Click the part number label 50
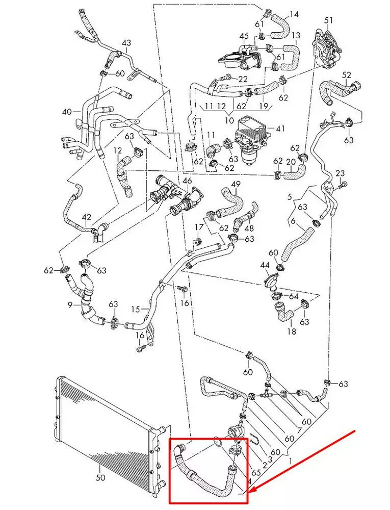click(100, 478)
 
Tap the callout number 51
click(328, 20)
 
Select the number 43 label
click(126, 43)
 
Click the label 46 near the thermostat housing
click(188, 181)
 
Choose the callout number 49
click(236, 184)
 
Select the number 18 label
click(292, 331)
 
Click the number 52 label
click(347, 75)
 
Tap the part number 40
click(67, 112)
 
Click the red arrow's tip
click(250, 492)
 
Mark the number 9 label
click(70, 305)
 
